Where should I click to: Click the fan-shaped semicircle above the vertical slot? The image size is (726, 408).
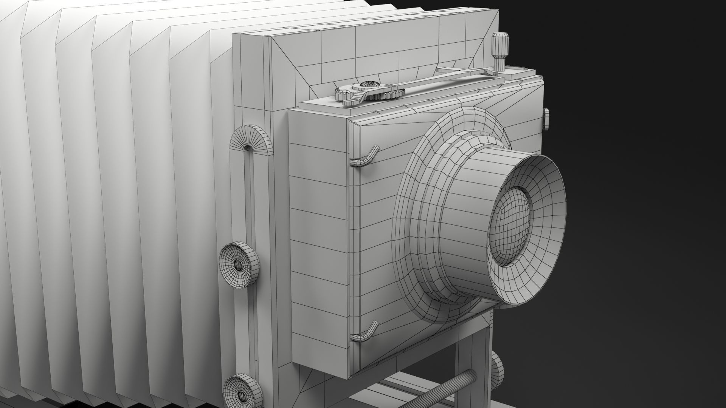(x=250, y=140)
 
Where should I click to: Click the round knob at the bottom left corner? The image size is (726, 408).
(x=242, y=393)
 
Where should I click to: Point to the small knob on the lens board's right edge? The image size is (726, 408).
(x=547, y=119)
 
